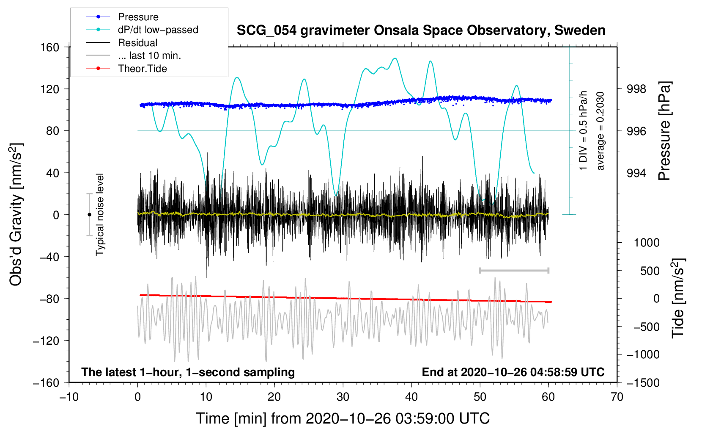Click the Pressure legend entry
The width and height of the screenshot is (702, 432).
(138, 17)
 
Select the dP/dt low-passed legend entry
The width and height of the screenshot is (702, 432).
(158, 30)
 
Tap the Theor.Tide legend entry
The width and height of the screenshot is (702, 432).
(142, 69)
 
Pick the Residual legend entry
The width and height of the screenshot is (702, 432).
(137, 43)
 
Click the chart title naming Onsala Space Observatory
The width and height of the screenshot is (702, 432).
(421, 30)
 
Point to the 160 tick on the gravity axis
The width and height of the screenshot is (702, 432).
(50, 47)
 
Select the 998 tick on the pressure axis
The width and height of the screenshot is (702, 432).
(637, 89)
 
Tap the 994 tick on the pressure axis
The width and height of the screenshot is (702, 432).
(637, 173)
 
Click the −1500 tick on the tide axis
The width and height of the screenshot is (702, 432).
(643, 383)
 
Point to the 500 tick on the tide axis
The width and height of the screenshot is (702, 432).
(650, 271)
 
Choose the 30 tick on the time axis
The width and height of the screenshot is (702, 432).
(343, 397)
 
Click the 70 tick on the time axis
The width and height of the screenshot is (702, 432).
(617, 397)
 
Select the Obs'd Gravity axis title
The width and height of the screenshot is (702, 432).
(16, 214)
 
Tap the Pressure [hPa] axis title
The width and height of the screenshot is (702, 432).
(664, 131)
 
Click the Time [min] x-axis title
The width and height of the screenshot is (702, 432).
(343, 418)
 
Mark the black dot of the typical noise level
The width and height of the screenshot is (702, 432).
(89, 215)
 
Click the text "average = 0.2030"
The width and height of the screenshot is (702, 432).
(600, 131)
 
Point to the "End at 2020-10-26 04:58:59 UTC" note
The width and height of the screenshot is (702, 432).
(513, 372)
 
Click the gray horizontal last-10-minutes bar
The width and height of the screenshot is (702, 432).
(514, 270)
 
